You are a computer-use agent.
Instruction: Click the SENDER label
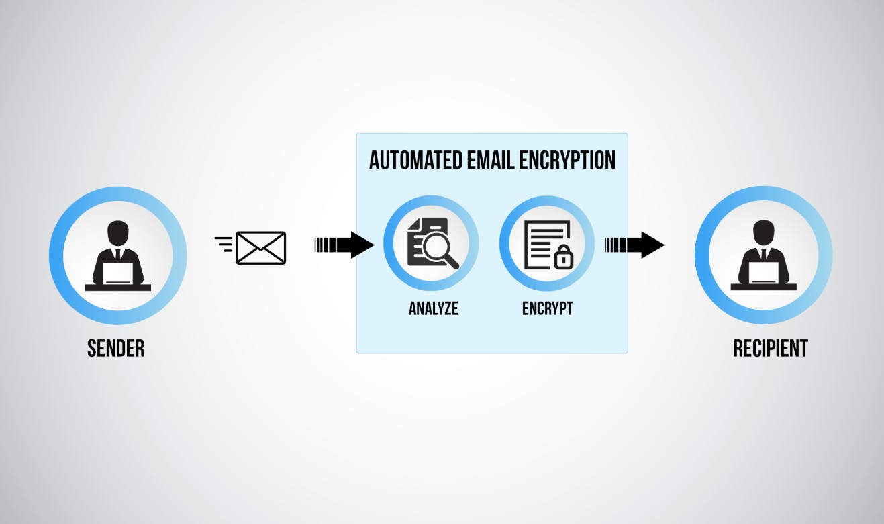pos(116,348)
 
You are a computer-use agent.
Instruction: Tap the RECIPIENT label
pos(771,348)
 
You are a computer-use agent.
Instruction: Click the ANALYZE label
pos(434,308)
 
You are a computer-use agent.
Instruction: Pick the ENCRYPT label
pos(547,308)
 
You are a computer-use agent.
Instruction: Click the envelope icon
pos(261,248)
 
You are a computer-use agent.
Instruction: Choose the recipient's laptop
pos(764,272)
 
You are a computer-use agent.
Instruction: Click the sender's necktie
pos(118,255)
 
